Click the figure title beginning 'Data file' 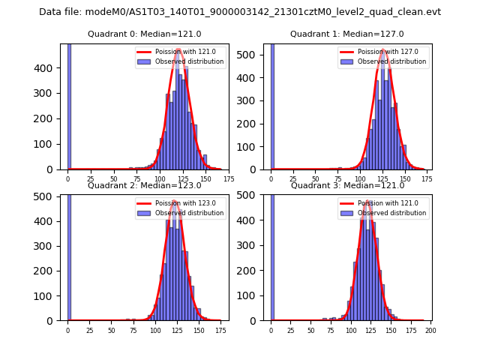tap(240, 12)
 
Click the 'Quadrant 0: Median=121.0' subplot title tap(144, 34)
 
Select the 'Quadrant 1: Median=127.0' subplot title tap(347, 34)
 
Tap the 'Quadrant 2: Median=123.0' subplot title tap(144, 185)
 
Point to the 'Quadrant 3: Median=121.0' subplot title tap(347, 185)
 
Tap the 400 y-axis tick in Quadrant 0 tap(49, 68)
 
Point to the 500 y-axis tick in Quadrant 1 tap(252, 53)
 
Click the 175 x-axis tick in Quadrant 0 tap(229, 179)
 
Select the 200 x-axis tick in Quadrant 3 tap(430, 330)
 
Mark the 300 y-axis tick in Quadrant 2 tap(49, 245)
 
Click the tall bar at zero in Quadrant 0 tap(69, 105)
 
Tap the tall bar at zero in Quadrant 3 tap(271, 256)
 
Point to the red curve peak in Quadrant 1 tap(383, 50)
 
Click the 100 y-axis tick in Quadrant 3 tap(252, 295)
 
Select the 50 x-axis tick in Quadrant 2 tap(111, 330)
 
